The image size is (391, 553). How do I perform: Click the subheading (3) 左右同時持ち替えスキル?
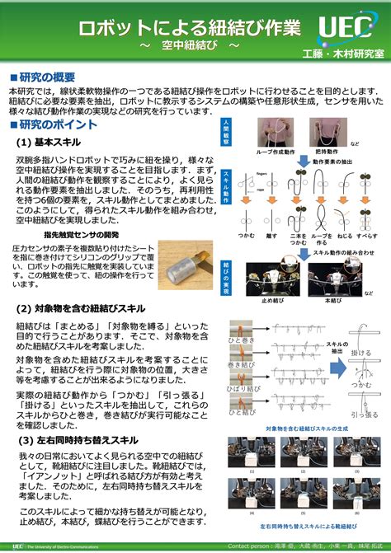81,440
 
